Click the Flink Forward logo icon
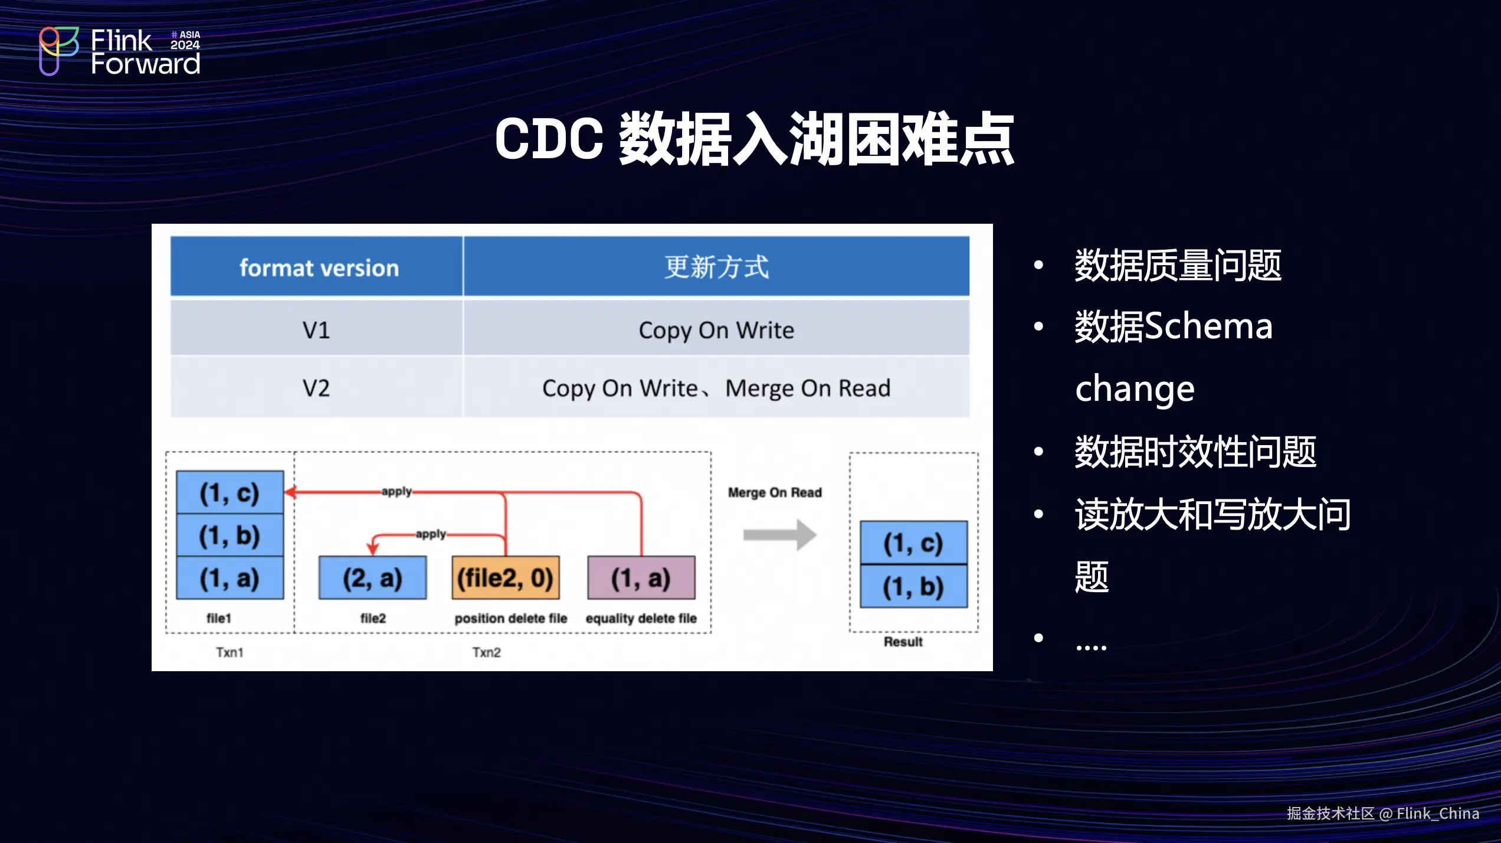[x=58, y=51]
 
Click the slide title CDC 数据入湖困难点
[x=755, y=139]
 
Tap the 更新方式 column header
[x=716, y=267]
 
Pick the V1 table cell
[x=317, y=329]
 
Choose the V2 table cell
[x=317, y=387]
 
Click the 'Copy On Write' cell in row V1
[x=716, y=329]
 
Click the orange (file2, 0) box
[x=506, y=577]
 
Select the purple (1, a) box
[x=641, y=577]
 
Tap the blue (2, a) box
[x=372, y=577]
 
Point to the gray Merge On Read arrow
[x=779, y=535]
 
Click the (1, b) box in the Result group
[x=913, y=586]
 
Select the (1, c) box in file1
[x=230, y=492]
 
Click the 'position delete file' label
[x=510, y=618]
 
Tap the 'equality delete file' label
[x=641, y=618]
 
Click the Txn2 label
[x=486, y=652]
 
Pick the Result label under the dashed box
[x=903, y=642]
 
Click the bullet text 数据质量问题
[x=1178, y=265]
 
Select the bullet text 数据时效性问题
[x=1195, y=452]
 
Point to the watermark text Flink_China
[x=1438, y=813]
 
